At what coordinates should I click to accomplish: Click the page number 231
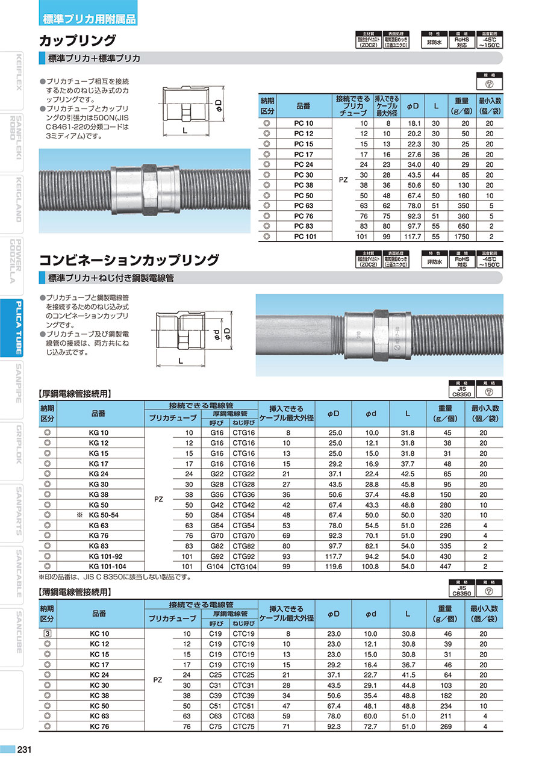point(24,750)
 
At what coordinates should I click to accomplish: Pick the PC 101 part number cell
point(304,237)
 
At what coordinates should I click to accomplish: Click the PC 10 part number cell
point(304,123)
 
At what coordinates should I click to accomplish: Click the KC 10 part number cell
point(99,634)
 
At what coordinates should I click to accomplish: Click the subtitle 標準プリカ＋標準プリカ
point(93,58)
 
